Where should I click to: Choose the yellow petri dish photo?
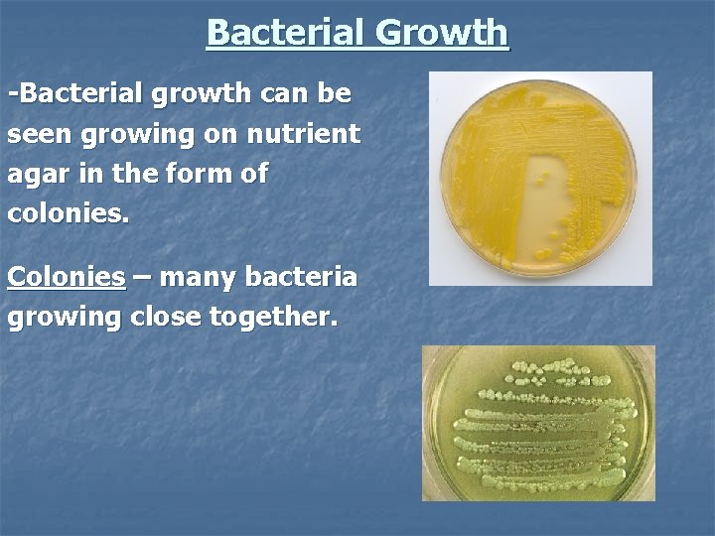point(540,179)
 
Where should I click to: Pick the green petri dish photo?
point(539,423)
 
